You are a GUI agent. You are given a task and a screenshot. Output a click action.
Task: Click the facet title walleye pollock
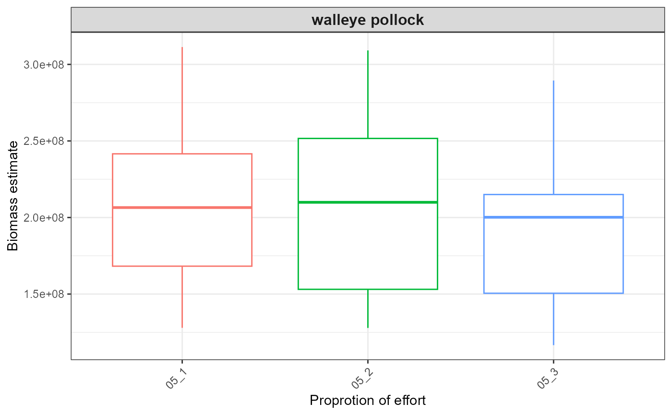pyautogui.click(x=368, y=20)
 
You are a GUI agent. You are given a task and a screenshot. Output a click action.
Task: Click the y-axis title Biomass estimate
pyautogui.click(x=13, y=195)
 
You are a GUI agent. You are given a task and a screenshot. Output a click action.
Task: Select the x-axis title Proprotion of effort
pyautogui.click(x=368, y=400)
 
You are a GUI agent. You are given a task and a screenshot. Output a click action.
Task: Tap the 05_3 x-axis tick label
pyautogui.click(x=548, y=379)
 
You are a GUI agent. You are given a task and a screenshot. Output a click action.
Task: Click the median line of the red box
pyautogui.click(x=182, y=207)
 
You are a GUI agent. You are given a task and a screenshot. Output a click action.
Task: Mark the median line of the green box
pyautogui.click(x=368, y=202)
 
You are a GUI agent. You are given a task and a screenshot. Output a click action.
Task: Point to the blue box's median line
pyautogui.click(x=553, y=217)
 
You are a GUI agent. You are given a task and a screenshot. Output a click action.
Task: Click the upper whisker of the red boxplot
pyautogui.click(x=182, y=101)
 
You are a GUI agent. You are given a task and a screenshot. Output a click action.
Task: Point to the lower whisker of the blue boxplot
pyautogui.click(x=553, y=319)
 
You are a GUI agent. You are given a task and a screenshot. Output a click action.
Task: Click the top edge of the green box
pyautogui.click(x=368, y=139)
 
